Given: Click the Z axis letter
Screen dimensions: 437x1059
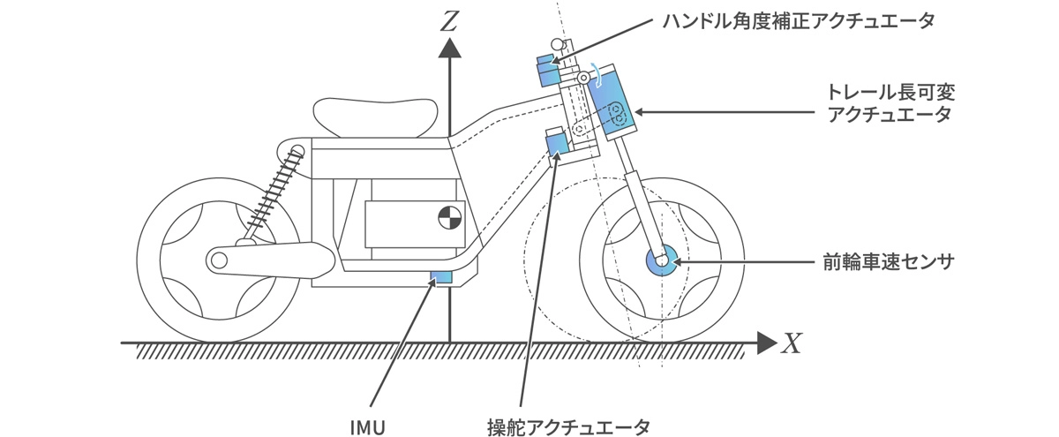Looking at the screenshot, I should coord(450,19).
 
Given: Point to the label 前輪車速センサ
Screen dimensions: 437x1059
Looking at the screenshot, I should coord(888,261).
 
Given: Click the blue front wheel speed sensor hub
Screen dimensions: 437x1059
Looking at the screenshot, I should coord(660,260).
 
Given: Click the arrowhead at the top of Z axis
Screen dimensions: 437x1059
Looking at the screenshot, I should coord(450,48).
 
